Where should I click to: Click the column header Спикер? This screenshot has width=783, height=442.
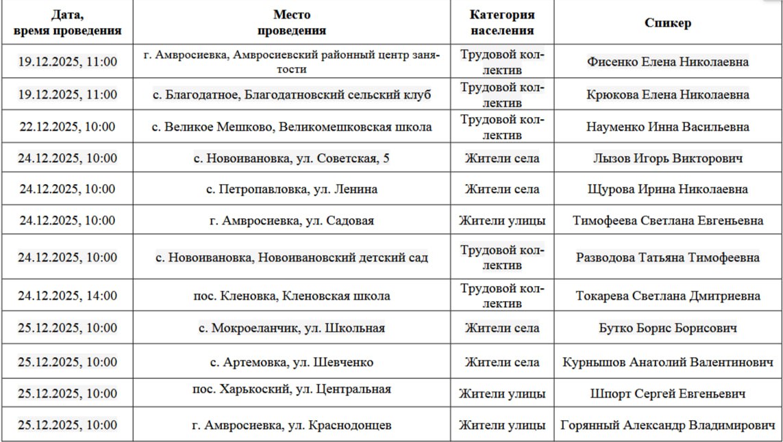(x=667, y=23)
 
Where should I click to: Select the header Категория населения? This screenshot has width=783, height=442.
(x=501, y=23)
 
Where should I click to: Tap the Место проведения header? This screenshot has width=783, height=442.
(x=291, y=23)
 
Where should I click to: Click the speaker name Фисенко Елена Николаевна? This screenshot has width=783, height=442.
(x=667, y=62)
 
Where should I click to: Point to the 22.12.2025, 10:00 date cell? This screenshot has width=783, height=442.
(x=67, y=127)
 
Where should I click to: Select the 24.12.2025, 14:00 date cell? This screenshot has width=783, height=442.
(x=67, y=296)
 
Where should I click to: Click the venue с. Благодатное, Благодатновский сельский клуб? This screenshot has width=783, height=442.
(x=291, y=94)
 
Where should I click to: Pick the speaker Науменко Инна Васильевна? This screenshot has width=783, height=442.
(x=667, y=127)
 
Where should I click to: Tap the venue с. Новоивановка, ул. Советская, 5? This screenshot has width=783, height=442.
(x=291, y=159)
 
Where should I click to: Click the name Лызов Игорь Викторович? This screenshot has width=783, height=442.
(x=667, y=159)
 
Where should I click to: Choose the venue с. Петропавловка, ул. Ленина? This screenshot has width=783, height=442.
(x=291, y=189)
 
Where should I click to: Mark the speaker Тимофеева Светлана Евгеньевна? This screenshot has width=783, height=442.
(x=667, y=220)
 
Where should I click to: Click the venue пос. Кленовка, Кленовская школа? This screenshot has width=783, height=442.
(x=291, y=296)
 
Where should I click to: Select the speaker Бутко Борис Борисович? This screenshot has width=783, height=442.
(x=667, y=328)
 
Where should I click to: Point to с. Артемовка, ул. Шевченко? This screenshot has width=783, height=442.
(x=291, y=362)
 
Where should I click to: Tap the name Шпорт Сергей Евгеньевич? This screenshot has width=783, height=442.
(x=667, y=393)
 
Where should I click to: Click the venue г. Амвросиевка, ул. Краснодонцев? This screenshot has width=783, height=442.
(x=291, y=425)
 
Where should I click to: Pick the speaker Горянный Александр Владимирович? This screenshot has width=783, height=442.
(x=667, y=425)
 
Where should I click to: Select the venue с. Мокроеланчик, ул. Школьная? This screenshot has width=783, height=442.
(x=291, y=328)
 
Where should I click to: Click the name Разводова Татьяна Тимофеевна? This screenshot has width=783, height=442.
(x=667, y=257)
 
